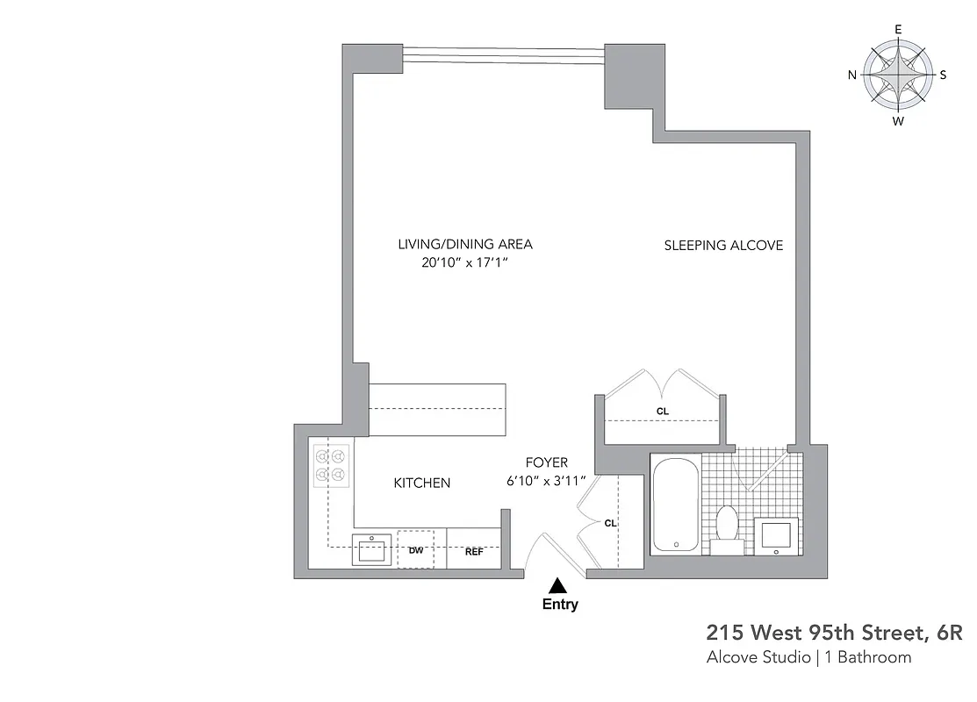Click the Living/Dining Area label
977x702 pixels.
(x=464, y=245)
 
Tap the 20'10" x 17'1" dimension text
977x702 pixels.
(x=464, y=262)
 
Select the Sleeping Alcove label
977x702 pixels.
(x=723, y=246)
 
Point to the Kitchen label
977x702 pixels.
(x=421, y=483)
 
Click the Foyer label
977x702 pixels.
(x=546, y=462)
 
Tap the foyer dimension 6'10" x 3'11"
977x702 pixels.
(x=546, y=480)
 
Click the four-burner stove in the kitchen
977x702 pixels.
(x=331, y=465)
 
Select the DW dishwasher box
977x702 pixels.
(x=416, y=551)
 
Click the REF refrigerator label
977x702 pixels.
(x=474, y=552)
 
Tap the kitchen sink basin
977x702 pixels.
(x=372, y=550)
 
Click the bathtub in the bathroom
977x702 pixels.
(x=675, y=505)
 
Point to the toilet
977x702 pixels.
(x=727, y=526)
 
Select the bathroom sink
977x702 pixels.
(x=777, y=534)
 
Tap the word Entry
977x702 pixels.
(x=560, y=605)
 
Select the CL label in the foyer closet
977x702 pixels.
(x=611, y=523)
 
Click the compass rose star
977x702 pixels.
(x=897, y=75)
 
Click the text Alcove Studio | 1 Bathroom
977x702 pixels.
(x=808, y=657)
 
